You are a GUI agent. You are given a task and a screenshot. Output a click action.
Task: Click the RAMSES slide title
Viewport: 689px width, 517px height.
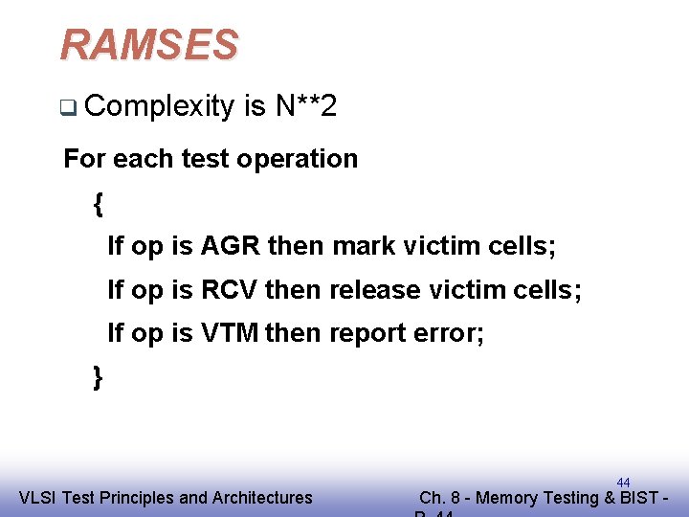click(148, 45)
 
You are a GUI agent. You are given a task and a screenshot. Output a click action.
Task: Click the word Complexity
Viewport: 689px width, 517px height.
click(159, 106)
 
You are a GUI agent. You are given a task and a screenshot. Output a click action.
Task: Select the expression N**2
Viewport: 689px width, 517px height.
click(305, 106)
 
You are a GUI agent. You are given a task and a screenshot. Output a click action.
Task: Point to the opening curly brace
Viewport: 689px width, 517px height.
click(98, 203)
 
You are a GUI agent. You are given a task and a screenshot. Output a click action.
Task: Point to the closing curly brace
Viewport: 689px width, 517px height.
click(98, 376)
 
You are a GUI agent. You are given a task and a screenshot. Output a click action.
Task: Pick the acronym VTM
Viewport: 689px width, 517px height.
click(230, 333)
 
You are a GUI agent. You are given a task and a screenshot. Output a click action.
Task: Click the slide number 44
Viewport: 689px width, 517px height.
click(623, 483)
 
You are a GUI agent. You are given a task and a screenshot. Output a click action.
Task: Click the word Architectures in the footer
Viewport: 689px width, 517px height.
click(262, 498)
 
